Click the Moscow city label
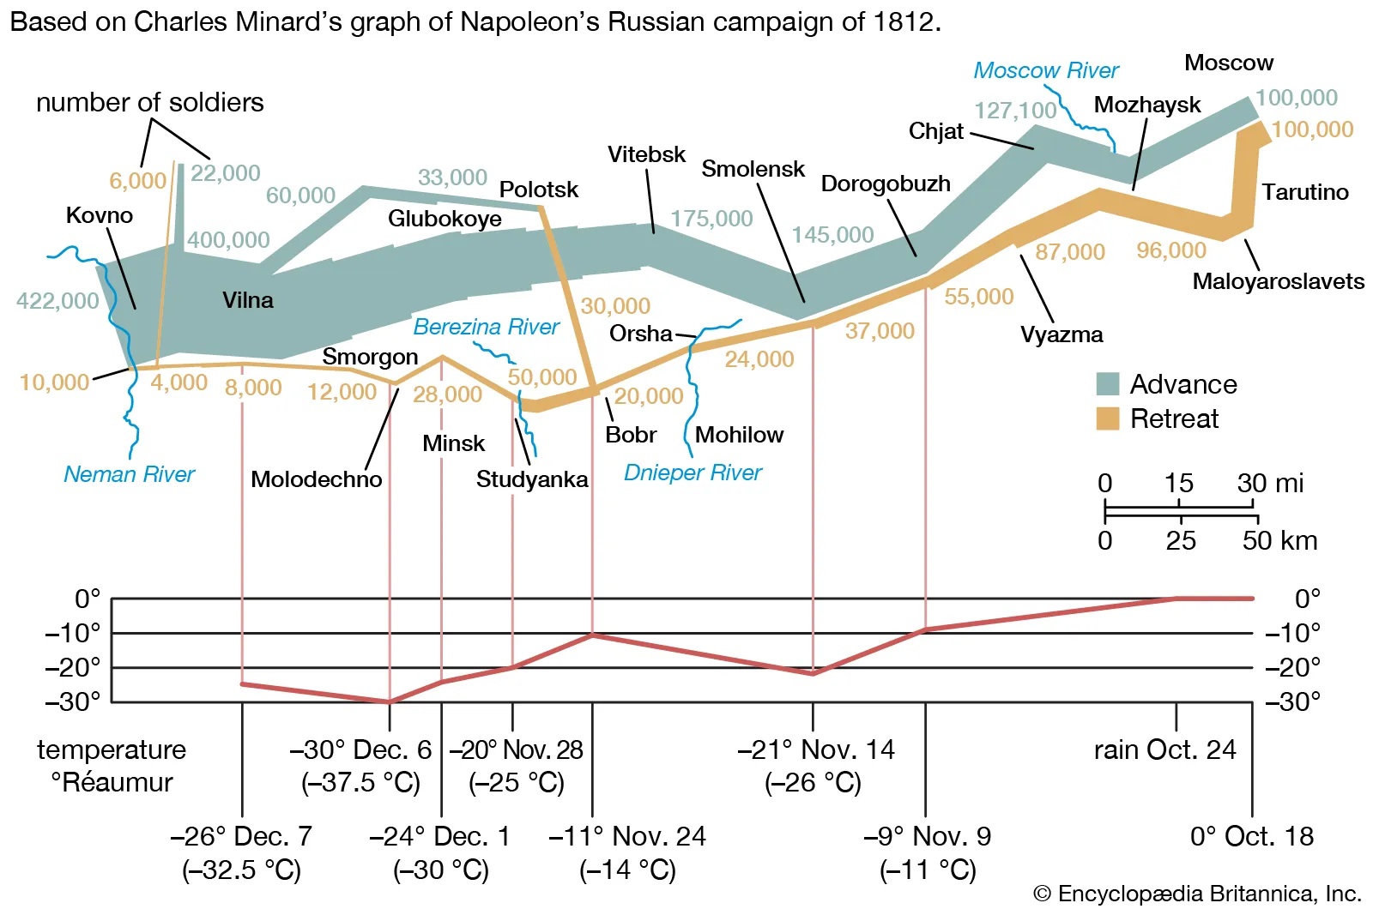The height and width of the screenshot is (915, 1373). pyautogui.click(x=1228, y=63)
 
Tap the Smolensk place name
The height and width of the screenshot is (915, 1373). pyautogui.click(x=753, y=169)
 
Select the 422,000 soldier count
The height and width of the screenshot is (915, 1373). pyautogui.click(x=57, y=301)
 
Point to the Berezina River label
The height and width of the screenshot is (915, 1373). pyautogui.click(x=486, y=327)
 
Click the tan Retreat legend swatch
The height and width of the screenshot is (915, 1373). pyautogui.click(x=1107, y=418)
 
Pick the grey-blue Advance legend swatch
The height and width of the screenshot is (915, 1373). pyautogui.click(x=1107, y=384)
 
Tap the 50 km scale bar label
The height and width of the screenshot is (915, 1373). pyautogui.click(x=1279, y=540)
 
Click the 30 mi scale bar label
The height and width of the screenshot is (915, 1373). pyautogui.click(x=1269, y=484)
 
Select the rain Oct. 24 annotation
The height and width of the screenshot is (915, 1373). pyautogui.click(x=1164, y=750)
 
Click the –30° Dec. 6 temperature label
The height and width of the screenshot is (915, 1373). pyautogui.click(x=360, y=750)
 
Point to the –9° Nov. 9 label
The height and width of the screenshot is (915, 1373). pyautogui.click(x=927, y=836)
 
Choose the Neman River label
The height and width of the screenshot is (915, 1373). pyautogui.click(x=129, y=474)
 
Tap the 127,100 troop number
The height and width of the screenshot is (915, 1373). pyautogui.click(x=1015, y=111)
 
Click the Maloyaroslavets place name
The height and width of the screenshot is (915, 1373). pyautogui.click(x=1278, y=281)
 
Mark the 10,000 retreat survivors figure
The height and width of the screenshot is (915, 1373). pyautogui.click(x=54, y=382)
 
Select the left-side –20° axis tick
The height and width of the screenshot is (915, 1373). pyautogui.click(x=73, y=667)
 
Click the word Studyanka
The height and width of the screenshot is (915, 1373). pyautogui.click(x=532, y=479)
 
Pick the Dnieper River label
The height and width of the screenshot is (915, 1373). pyautogui.click(x=693, y=473)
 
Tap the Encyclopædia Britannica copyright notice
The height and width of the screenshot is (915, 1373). pyautogui.click(x=1197, y=894)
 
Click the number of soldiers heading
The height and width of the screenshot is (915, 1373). pyautogui.click(x=149, y=103)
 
